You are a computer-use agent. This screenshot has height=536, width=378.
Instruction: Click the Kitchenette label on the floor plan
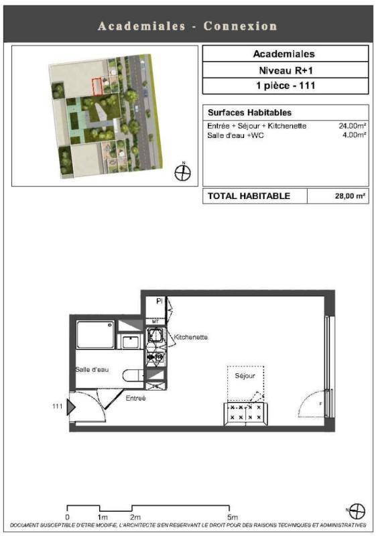point(190,337)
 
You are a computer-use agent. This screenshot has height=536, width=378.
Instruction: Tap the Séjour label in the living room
point(245,376)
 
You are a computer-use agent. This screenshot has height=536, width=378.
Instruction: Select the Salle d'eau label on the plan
point(92,370)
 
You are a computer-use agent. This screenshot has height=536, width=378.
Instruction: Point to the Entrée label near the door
point(135,398)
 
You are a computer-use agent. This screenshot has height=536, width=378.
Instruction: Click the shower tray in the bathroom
point(95,334)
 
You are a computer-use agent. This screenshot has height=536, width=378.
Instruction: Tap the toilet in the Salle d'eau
point(133,375)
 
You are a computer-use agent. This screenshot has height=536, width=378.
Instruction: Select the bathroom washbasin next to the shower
point(131,342)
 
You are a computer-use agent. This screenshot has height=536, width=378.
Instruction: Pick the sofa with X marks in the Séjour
point(245,413)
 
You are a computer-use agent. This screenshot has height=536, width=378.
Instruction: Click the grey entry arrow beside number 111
point(70,407)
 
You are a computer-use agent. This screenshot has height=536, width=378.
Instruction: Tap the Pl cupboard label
point(159,301)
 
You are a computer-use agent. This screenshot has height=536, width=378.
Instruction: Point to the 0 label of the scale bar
point(67,517)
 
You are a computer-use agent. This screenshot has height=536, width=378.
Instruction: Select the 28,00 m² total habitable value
point(350,196)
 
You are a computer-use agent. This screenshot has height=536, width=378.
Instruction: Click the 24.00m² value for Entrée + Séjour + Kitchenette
point(353,126)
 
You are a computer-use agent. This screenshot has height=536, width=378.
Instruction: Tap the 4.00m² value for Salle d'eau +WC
point(355,135)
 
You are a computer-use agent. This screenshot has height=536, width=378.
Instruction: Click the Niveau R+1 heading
point(286,70)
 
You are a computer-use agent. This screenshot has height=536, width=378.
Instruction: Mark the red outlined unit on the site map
point(97,86)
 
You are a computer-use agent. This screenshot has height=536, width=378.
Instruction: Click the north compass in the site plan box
point(183,172)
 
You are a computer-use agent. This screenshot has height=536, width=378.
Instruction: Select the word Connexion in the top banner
point(240,26)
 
